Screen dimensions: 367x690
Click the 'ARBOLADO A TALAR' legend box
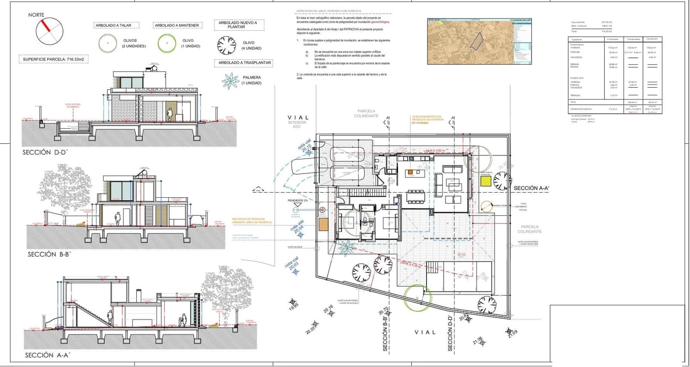pos(113,25)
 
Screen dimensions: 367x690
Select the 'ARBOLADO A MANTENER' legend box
pos(177,25)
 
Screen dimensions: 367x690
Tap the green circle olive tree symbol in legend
pos(166,43)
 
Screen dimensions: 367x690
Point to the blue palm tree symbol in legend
pos(230,81)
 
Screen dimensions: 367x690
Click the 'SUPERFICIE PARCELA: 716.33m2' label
pos(53,59)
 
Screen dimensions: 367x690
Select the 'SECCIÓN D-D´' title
pos(45,152)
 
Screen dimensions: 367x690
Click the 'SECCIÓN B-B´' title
pos(48,254)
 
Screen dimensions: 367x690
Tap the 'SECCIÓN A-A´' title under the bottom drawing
pos(47,355)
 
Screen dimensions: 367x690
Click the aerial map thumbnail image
pos(479,41)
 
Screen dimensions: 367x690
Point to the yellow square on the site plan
pos(486,180)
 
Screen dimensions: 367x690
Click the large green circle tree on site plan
pos(417,297)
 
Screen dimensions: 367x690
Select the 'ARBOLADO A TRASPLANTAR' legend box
pos(245,63)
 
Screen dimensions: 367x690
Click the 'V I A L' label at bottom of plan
pos(425,332)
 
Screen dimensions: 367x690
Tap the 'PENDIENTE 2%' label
pos(298,201)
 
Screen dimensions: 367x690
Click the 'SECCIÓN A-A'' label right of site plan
pos(531,188)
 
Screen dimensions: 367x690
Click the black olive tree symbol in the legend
pos(226,44)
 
